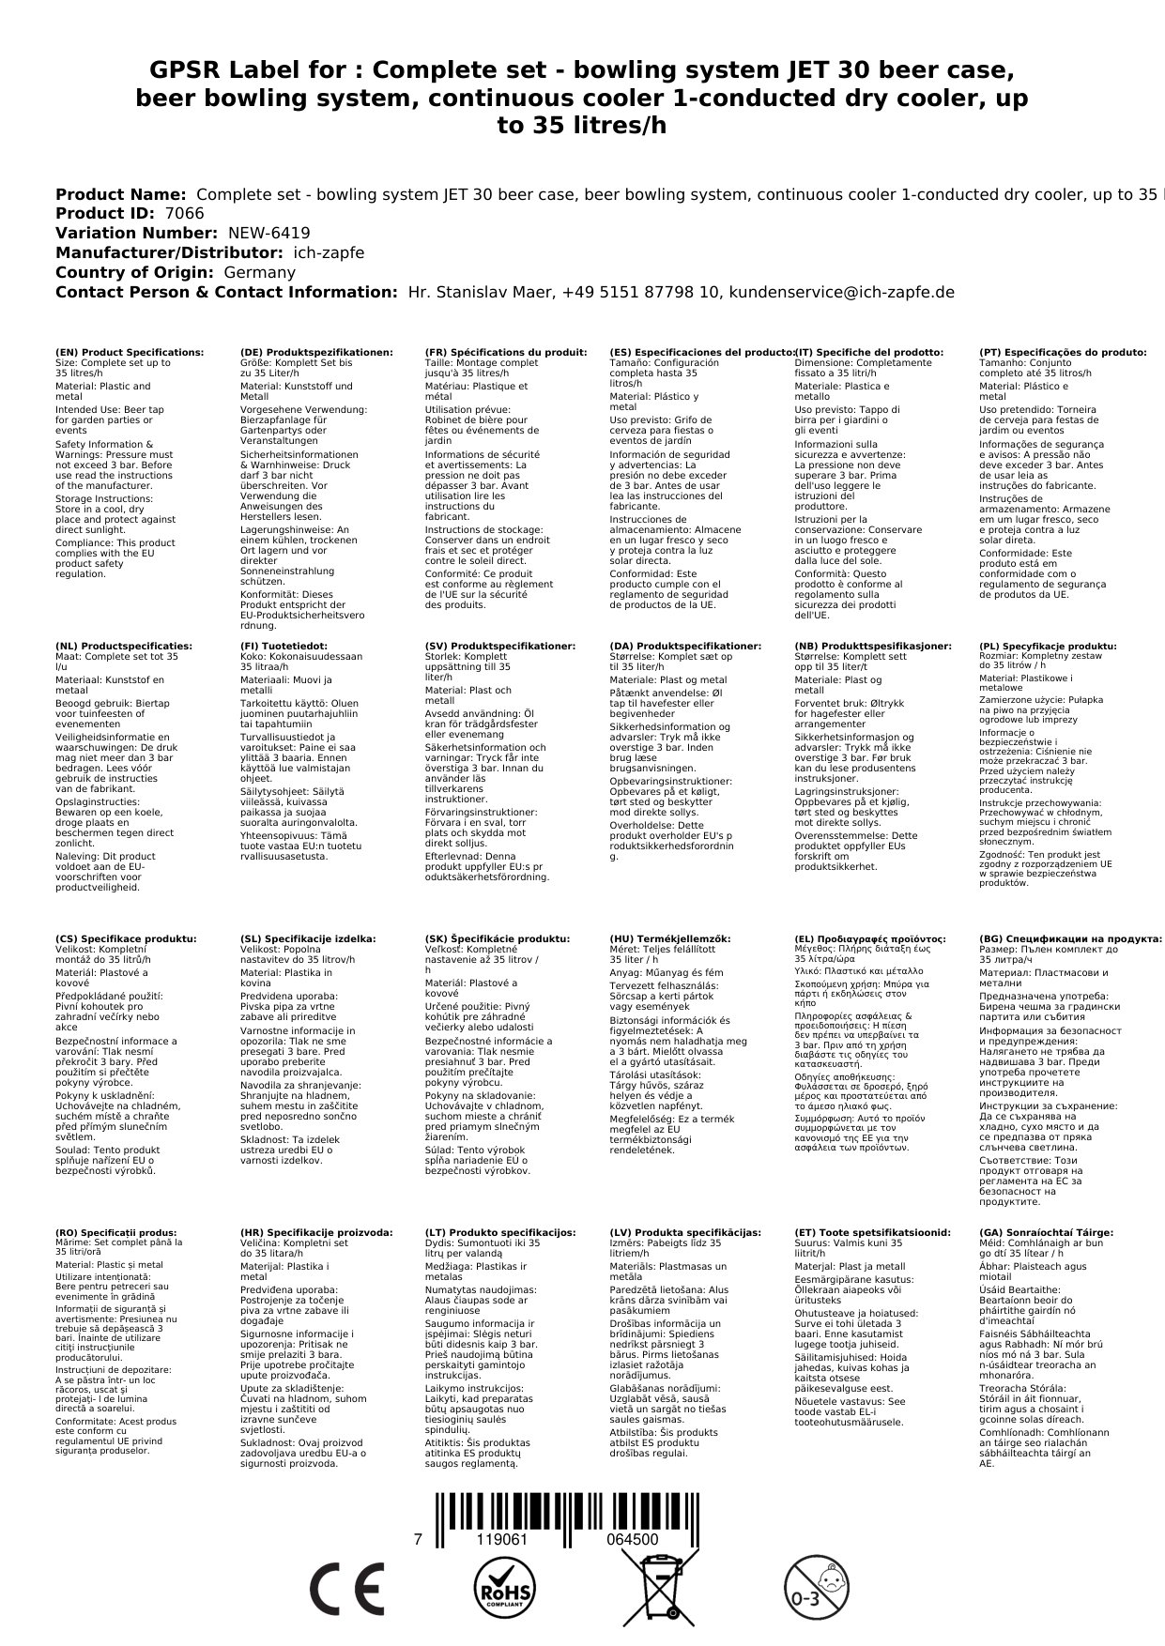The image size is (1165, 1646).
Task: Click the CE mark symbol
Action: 346,1591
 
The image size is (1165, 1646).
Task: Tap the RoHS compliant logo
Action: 503,1591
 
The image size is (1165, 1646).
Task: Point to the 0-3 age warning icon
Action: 815,1591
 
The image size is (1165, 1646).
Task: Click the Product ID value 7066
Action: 184,214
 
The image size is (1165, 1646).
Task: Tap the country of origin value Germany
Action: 259,272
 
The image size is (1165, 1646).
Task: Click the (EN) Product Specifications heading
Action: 130,353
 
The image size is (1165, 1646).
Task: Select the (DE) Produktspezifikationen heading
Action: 316,353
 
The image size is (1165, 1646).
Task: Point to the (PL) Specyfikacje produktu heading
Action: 1048,647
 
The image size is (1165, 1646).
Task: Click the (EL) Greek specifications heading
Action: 870,938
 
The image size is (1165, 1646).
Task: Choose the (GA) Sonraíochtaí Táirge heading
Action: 1046,1233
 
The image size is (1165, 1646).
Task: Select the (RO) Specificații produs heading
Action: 116,1233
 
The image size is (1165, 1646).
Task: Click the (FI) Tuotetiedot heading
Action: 284,647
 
